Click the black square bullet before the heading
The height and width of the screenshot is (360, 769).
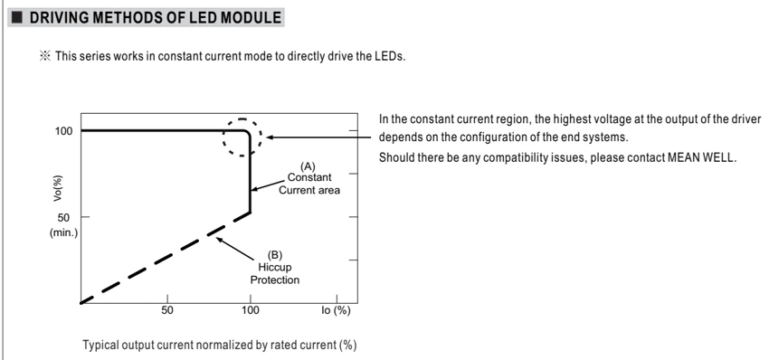click(x=18, y=18)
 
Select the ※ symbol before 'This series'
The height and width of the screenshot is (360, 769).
click(x=45, y=56)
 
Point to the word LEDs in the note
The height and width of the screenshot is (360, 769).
click(x=392, y=56)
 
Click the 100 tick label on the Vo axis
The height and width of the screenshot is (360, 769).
click(x=63, y=131)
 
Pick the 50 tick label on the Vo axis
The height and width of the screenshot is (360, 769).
click(x=63, y=217)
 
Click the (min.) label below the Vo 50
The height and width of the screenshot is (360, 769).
click(x=63, y=233)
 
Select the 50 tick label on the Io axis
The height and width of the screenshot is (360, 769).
click(x=167, y=311)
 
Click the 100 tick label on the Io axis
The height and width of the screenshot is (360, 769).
click(x=250, y=311)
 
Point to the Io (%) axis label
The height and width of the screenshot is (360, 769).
click(x=336, y=311)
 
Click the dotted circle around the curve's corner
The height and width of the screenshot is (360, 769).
click(x=223, y=137)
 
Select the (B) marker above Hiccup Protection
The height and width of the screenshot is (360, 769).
click(x=275, y=254)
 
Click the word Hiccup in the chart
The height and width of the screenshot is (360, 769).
click(x=275, y=268)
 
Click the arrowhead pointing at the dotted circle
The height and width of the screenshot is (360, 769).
click(x=270, y=137)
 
